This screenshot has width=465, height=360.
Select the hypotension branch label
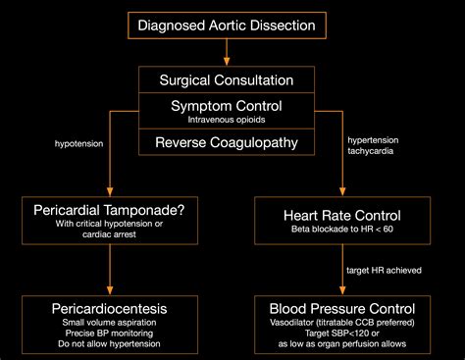(79, 142)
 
